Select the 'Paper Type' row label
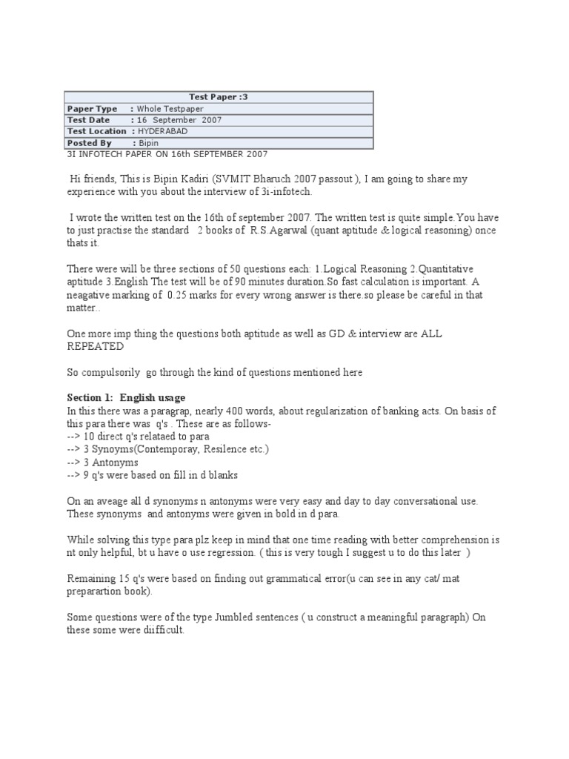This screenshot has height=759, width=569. click(x=92, y=109)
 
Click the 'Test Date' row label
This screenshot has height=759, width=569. click(x=88, y=120)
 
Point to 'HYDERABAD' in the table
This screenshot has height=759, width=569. click(x=162, y=131)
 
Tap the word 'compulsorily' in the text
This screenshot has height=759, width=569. click(x=113, y=372)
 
